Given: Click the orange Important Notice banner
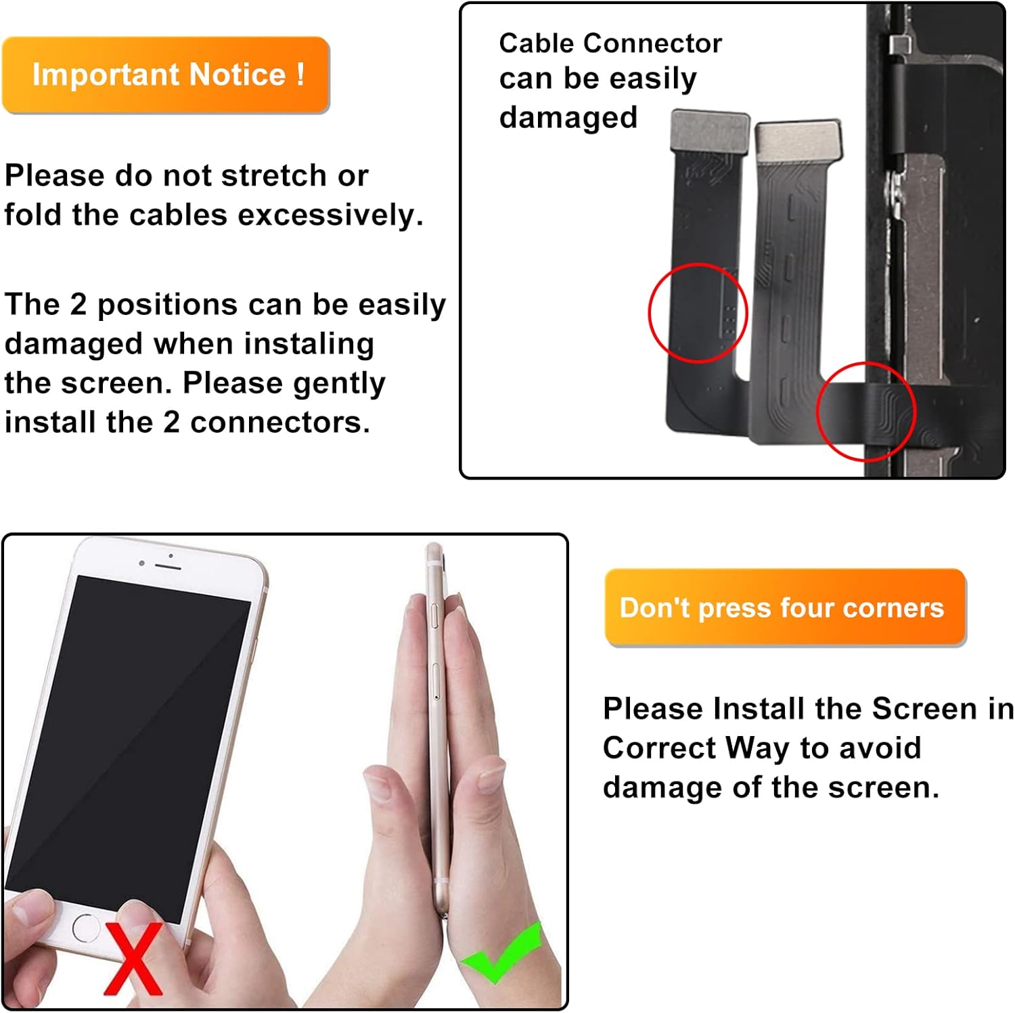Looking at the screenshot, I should (166, 74).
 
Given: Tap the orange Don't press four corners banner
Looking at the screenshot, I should (785, 607).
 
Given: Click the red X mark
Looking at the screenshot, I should (134, 959).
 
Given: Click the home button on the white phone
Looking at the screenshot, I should (86, 927).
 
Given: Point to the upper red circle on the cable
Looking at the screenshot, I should (698, 313).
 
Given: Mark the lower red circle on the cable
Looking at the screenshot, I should (865, 411).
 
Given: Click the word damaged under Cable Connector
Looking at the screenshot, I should (568, 118).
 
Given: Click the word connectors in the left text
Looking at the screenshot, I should (279, 423).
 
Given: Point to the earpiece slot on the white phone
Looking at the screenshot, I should (167, 565).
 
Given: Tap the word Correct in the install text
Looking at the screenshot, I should (659, 748).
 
